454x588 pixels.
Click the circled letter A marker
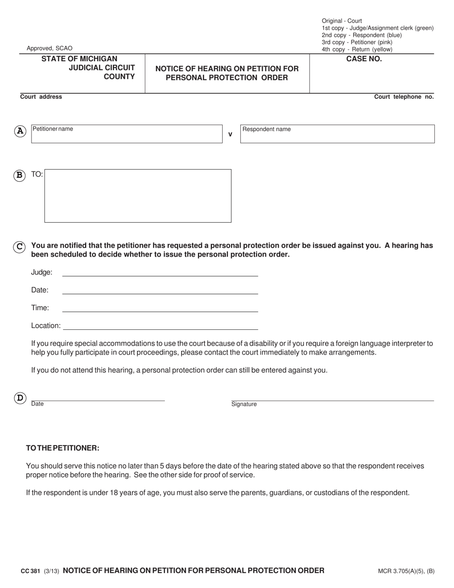tap(20, 131)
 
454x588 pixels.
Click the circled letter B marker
tap(20, 175)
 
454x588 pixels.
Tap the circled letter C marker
tap(20, 247)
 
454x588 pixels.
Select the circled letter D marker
tap(20, 398)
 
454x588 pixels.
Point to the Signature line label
tap(244, 404)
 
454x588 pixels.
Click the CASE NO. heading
tap(364, 59)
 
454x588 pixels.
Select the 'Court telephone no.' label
tap(404, 97)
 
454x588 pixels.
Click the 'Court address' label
tap(41, 97)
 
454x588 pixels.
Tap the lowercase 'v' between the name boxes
tap(230, 135)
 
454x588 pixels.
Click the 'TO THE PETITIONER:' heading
tap(63, 448)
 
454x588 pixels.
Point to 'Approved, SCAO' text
tap(50, 48)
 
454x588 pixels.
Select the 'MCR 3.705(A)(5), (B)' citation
tap(406, 571)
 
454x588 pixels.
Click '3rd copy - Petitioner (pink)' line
tap(357, 42)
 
